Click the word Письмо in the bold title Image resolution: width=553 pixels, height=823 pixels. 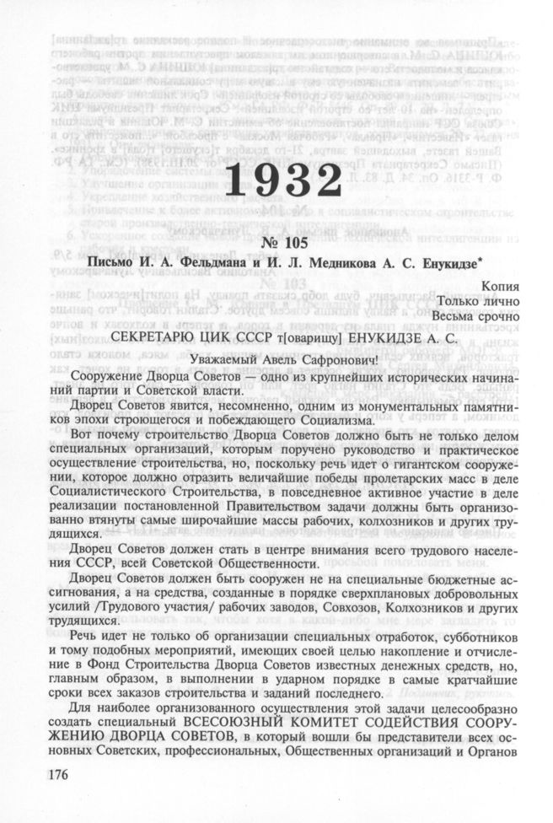click(x=115, y=262)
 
